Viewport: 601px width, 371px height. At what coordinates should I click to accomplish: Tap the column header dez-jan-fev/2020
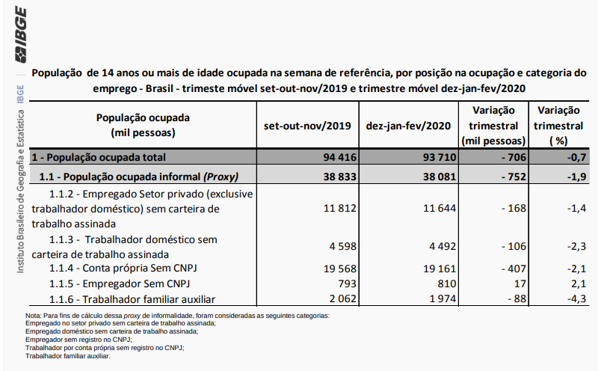click(407, 125)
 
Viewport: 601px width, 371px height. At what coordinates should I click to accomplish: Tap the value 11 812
click(338, 209)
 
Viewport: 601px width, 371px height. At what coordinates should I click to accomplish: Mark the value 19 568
click(338, 268)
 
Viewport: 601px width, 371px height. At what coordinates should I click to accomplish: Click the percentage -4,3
click(575, 299)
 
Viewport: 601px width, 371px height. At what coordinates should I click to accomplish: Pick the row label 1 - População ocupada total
click(99, 157)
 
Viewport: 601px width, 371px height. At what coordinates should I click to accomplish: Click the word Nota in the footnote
click(34, 316)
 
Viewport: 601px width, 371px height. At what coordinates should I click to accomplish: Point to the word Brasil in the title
click(189, 88)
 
